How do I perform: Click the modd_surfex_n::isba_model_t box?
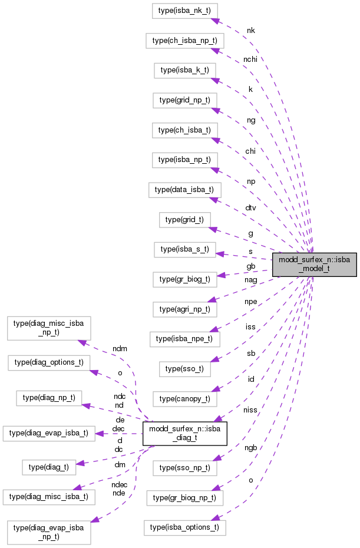[315, 263]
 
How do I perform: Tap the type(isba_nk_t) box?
[185, 10]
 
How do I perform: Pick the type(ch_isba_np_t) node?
[184, 41]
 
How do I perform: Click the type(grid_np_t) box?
[184, 100]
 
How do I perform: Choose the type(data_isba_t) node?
[184, 190]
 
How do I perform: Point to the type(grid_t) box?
[184, 220]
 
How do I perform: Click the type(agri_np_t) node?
[184, 308]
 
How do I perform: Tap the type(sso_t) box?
[184, 368]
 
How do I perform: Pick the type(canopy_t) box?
[184, 398]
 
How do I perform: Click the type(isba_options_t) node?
[184, 527]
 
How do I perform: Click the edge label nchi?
[250, 60]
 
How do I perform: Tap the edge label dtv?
[251, 207]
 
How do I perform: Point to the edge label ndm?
[120, 348]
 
